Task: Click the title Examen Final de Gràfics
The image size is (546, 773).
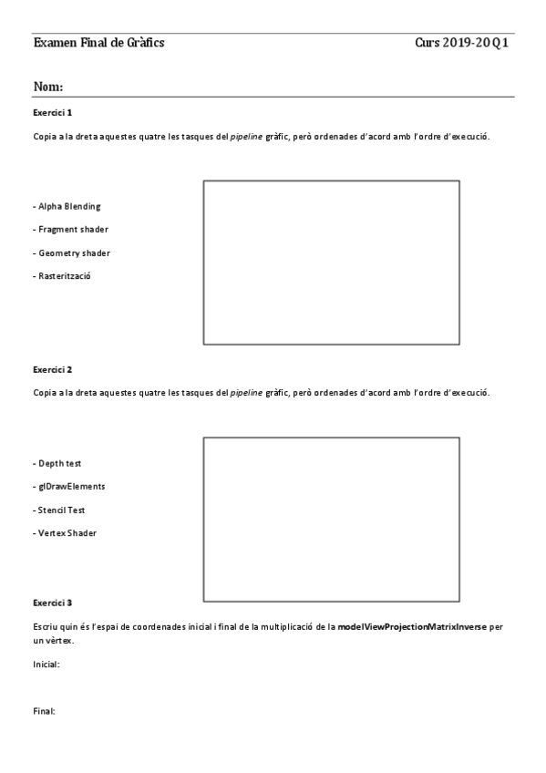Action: coord(98,43)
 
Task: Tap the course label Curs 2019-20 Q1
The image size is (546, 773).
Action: coord(461,43)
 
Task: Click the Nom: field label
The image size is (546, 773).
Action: coord(47,87)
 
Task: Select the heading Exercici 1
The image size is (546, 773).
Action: coord(52,112)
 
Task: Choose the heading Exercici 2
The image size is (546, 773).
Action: coord(52,369)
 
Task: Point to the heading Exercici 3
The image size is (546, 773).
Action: coord(52,603)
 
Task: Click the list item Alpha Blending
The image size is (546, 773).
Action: coord(67,206)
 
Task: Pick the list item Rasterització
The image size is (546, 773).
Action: coord(62,275)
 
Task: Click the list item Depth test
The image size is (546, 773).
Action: coord(57,463)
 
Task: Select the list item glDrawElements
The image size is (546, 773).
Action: coord(68,486)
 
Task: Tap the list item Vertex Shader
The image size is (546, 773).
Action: coord(64,532)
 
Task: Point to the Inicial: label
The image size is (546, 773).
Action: coord(46,665)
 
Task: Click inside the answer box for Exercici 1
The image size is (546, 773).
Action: coord(331,263)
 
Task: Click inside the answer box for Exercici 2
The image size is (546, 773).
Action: coord(331,519)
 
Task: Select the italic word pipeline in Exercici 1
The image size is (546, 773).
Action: coord(246,136)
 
